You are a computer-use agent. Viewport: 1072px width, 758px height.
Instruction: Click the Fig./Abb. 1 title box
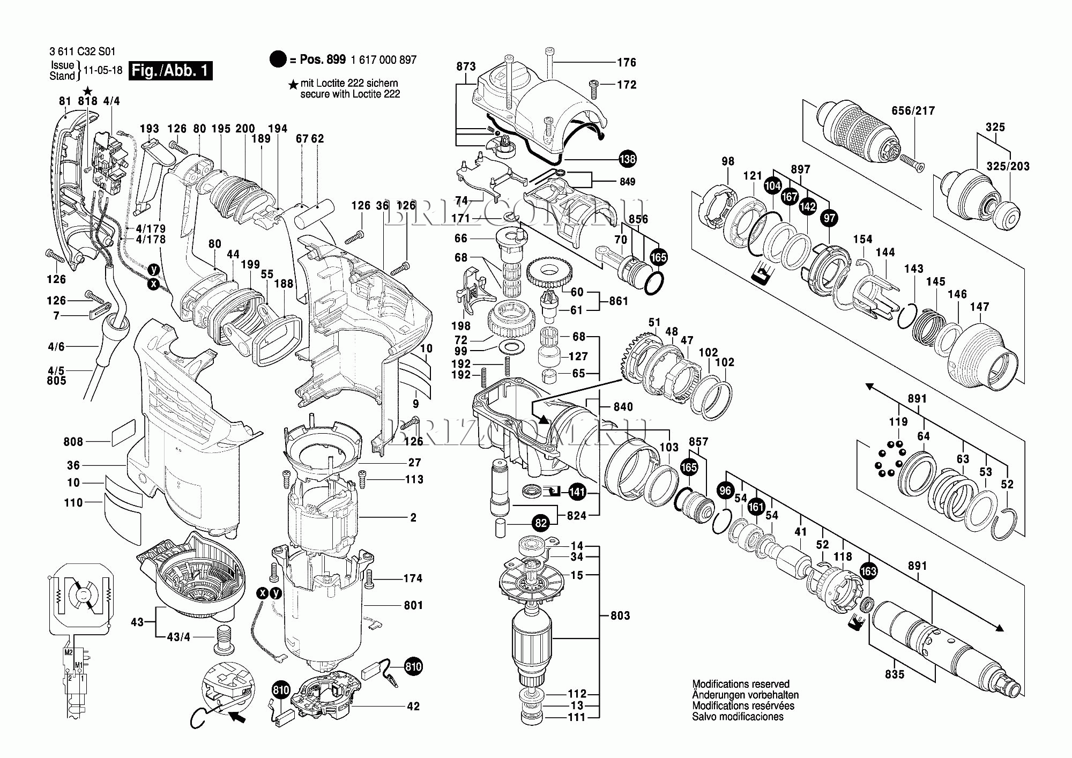click(170, 71)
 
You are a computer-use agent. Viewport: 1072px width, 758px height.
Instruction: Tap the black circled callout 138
click(627, 159)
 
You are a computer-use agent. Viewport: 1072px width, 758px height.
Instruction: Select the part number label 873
click(466, 66)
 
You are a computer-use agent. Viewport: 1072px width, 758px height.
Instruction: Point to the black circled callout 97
click(829, 218)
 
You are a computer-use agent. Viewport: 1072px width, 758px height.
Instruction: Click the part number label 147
click(979, 307)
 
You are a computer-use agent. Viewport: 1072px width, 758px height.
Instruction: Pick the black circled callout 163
click(868, 571)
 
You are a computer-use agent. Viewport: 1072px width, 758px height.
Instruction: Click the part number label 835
click(895, 674)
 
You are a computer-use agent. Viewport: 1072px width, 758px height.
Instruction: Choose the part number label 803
click(620, 615)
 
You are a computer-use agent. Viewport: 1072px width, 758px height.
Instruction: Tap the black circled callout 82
click(541, 523)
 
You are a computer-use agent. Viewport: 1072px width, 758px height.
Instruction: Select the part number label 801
click(414, 605)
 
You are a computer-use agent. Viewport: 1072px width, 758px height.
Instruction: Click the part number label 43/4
click(178, 637)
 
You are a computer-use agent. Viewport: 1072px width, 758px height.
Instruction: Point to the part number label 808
click(73, 442)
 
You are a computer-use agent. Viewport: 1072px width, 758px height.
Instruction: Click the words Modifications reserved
click(741, 684)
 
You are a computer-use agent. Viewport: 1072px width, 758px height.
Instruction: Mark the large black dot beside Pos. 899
click(278, 60)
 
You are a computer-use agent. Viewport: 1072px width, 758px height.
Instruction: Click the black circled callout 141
click(577, 492)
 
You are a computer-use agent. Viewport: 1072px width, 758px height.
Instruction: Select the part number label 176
click(626, 63)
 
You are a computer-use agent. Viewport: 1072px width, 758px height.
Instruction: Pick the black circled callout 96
click(725, 491)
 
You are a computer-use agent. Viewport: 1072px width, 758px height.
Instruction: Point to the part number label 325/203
click(1008, 167)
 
